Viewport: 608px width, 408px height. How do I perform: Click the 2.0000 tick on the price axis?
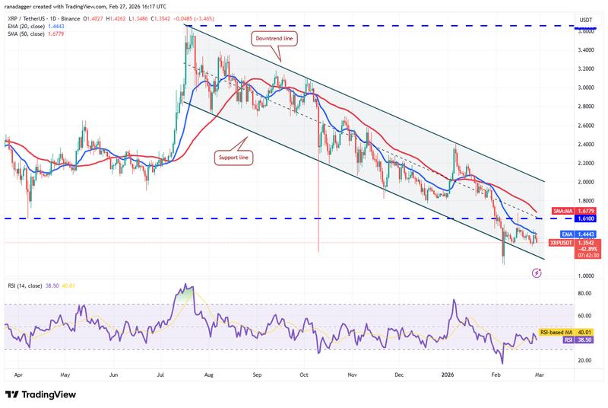coord(586,182)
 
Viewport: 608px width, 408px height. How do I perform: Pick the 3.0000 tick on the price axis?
coord(586,88)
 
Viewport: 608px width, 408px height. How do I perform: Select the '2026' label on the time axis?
coord(448,375)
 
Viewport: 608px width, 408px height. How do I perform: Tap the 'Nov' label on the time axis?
coord(353,375)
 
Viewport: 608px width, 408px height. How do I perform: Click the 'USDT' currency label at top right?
coord(586,20)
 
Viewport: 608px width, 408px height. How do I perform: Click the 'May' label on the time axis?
coord(65,375)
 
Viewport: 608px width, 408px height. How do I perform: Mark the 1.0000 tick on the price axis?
coord(586,276)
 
